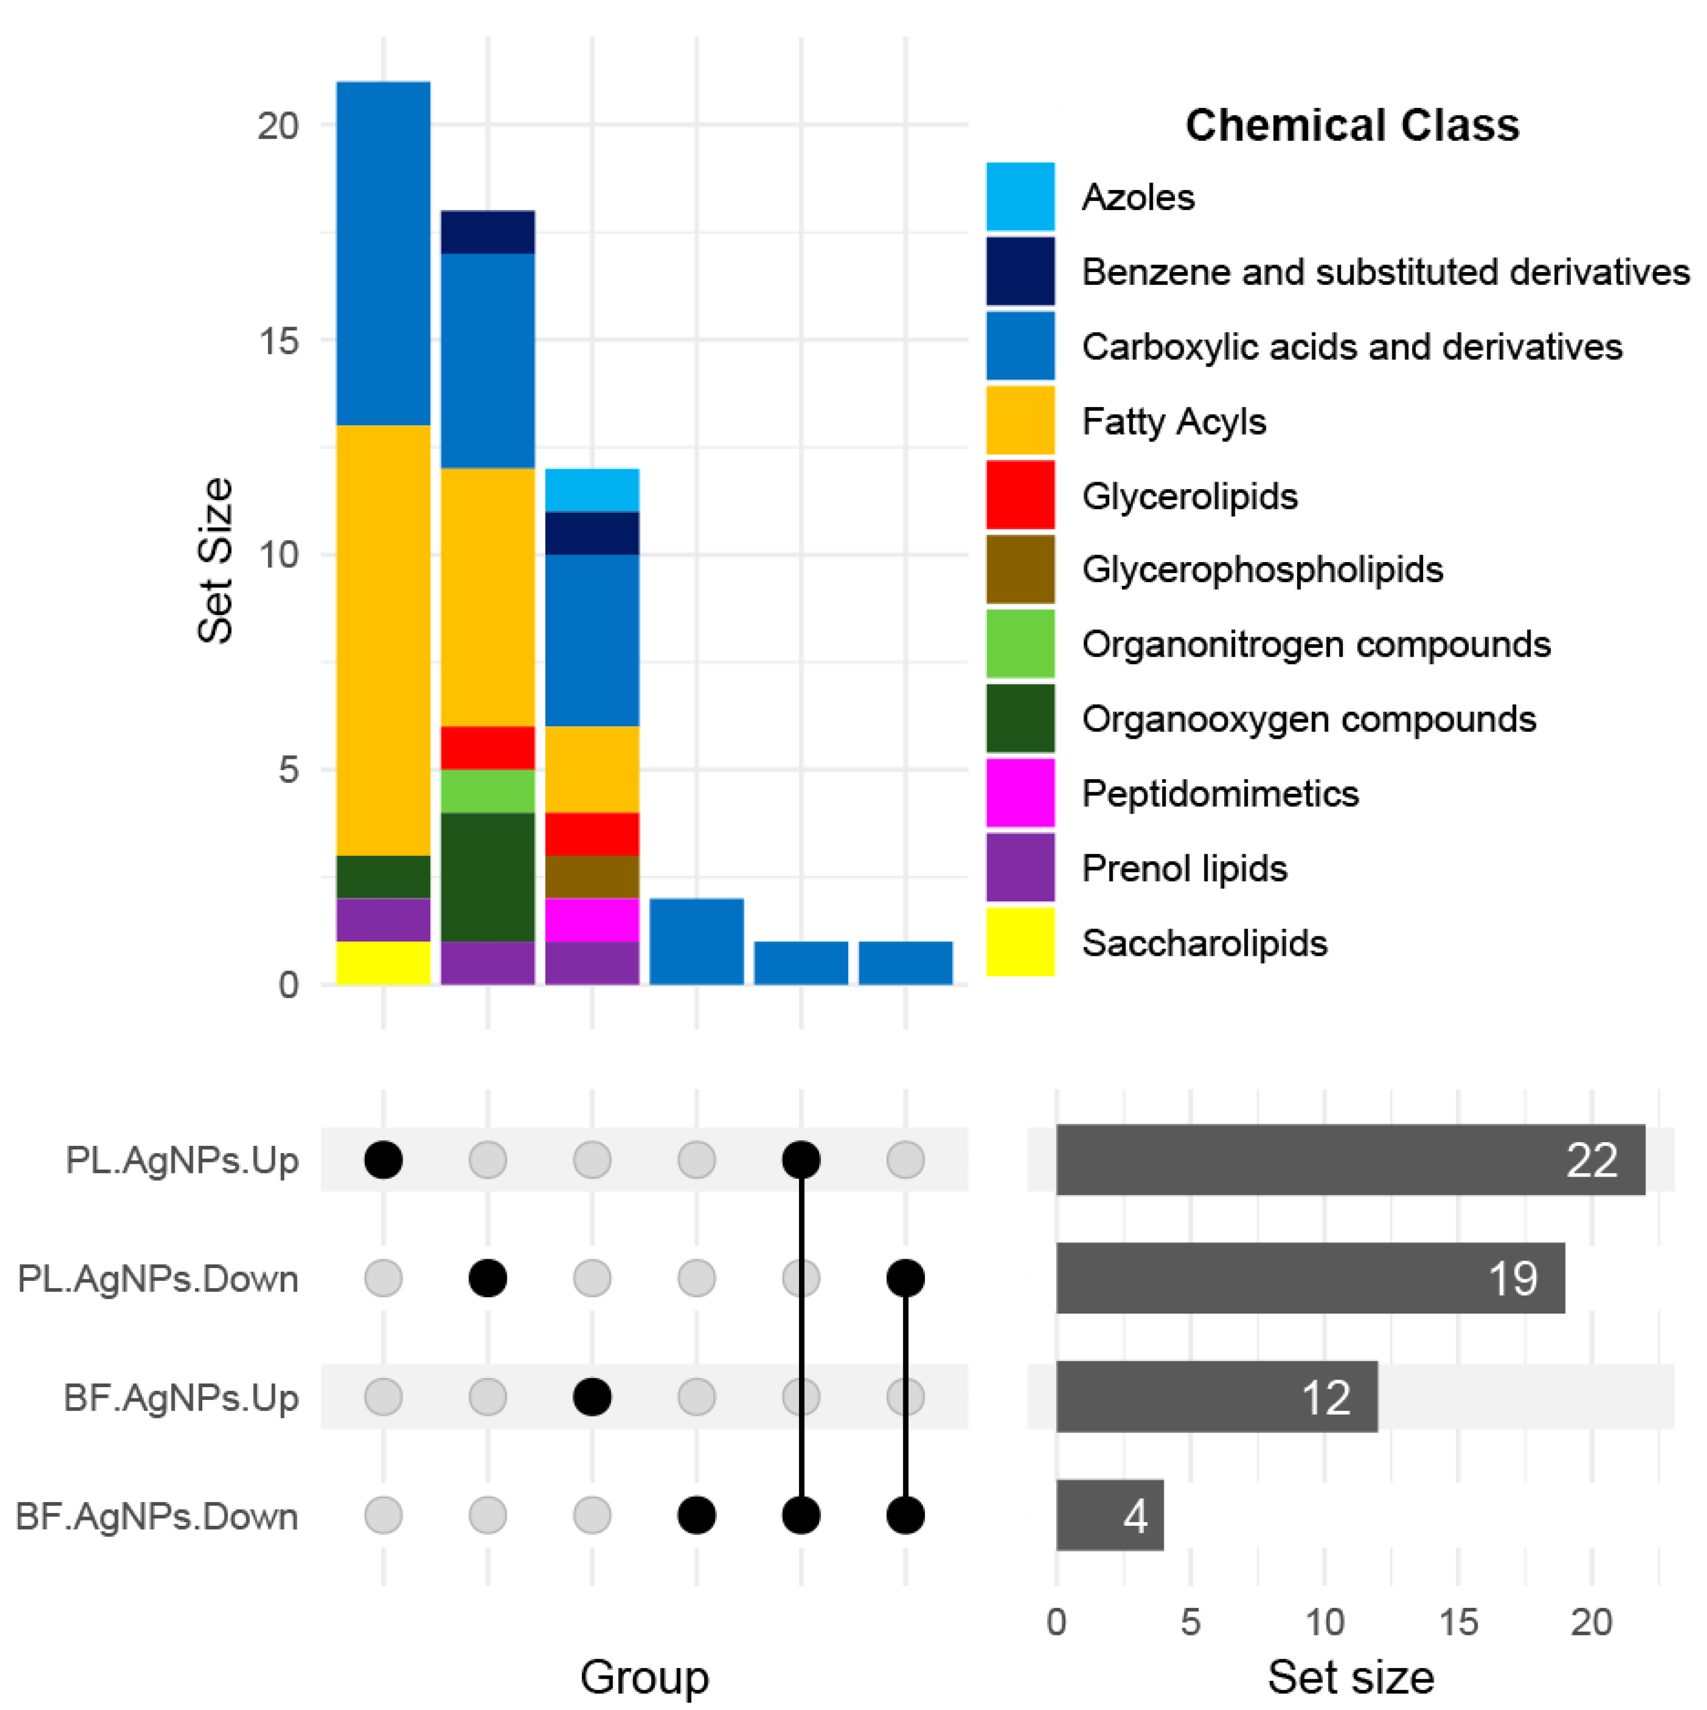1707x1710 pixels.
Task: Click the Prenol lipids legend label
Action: [1184, 868]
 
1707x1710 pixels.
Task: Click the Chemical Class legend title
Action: [1351, 125]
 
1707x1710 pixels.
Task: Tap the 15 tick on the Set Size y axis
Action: [278, 341]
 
